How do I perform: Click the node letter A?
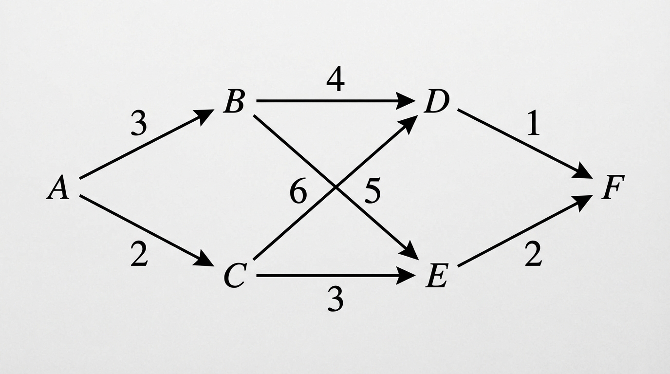58,187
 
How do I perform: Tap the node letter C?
235,276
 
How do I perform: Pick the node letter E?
437,276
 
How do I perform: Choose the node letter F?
613,187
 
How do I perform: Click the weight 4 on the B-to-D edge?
335,81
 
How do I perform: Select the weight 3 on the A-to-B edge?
139,123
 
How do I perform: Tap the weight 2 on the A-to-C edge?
139,254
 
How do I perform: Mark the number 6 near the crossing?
298,190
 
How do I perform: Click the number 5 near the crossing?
372,190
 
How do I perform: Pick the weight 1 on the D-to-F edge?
533,123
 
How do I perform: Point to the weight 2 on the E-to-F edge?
533,254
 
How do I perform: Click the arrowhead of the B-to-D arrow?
405,101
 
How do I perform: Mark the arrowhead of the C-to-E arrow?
405,276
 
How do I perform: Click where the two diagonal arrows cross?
335,187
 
